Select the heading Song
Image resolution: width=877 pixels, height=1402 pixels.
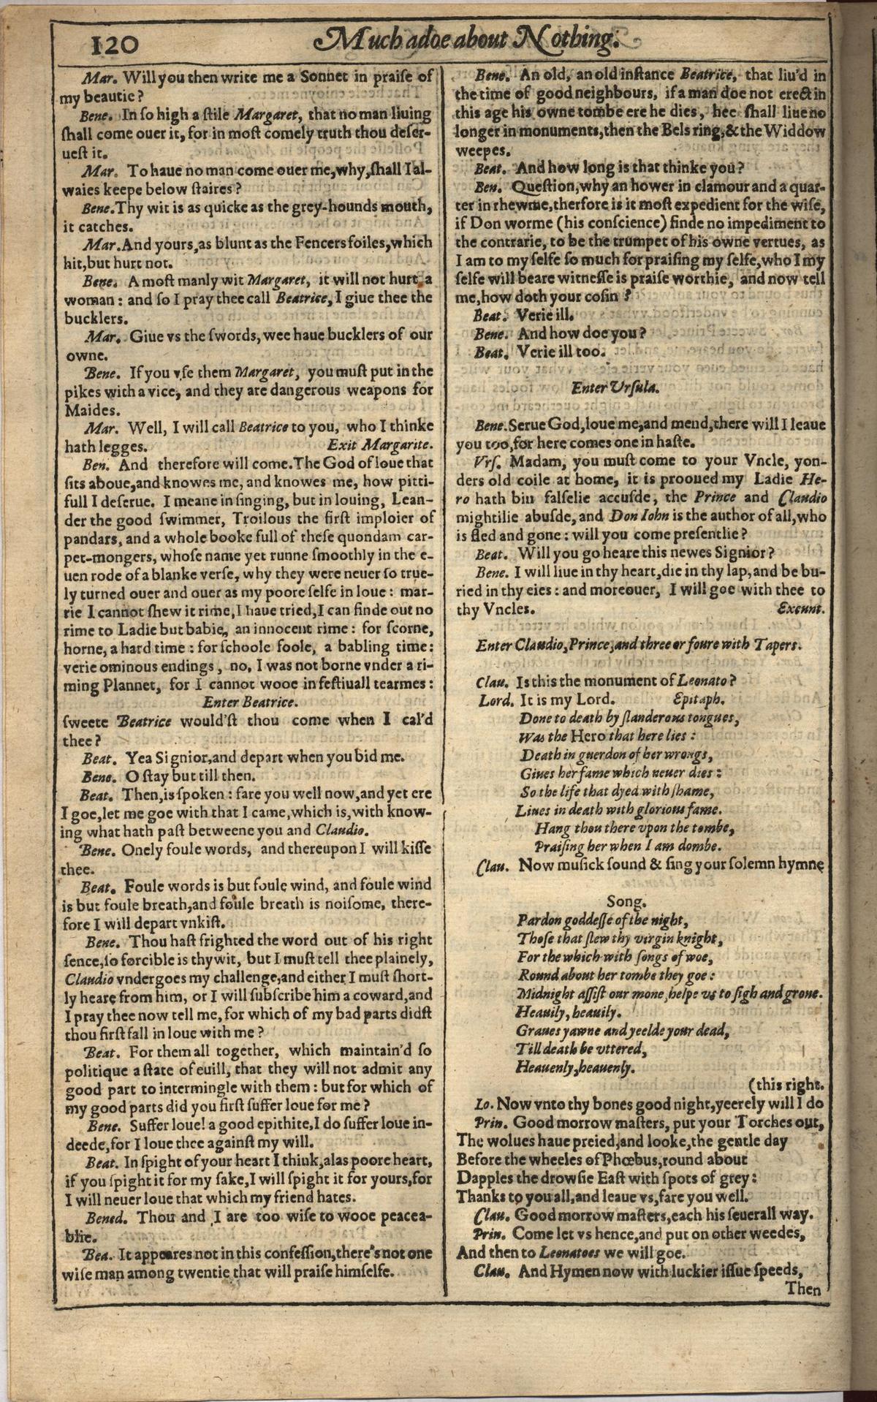tap(626, 901)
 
